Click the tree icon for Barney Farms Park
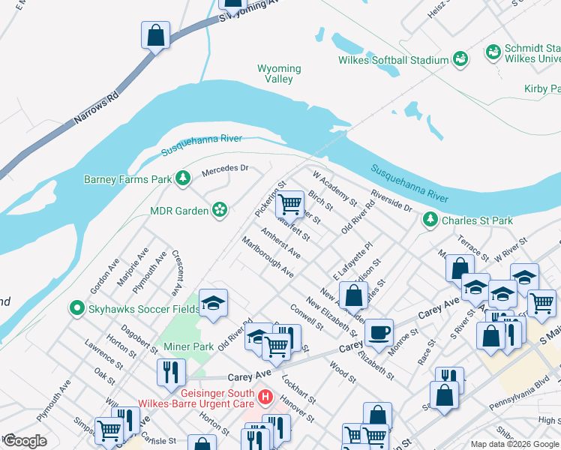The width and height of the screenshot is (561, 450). point(182,178)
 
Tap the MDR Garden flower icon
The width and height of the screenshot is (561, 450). point(220,211)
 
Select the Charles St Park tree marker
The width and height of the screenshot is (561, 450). point(430,220)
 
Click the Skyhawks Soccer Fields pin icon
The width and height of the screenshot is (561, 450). point(75,307)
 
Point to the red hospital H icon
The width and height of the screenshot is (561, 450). point(264,395)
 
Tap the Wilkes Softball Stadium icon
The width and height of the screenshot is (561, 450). point(460,59)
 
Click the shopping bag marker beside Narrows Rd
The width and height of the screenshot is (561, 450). point(155,34)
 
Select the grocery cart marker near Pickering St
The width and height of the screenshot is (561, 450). point(289,202)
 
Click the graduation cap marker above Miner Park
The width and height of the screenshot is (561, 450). point(214,303)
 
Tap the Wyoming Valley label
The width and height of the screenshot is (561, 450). point(279,73)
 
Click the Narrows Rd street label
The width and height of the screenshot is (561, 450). point(97,108)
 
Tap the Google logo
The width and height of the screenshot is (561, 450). point(25,441)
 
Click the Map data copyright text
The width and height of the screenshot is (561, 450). point(514,444)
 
